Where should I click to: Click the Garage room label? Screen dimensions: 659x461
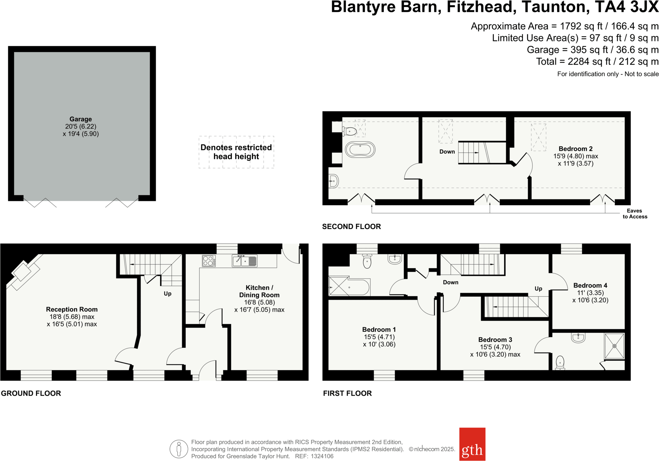click(80, 119)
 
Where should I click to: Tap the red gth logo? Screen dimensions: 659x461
click(472, 444)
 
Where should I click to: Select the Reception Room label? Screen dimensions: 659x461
click(72, 309)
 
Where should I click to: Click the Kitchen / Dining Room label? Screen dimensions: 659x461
click(259, 291)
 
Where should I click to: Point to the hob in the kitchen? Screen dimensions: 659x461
click(209, 261)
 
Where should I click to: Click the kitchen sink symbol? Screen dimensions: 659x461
click(245, 261)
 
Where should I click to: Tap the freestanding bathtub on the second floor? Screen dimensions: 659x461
click(360, 150)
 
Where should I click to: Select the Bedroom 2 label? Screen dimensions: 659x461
click(575, 149)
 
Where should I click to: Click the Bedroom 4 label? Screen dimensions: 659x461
click(590, 285)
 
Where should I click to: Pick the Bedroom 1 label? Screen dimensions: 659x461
click(379, 330)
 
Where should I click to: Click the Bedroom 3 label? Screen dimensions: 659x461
click(495, 340)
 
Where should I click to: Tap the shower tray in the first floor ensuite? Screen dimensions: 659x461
click(614, 346)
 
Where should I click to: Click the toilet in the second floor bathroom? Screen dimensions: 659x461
click(350, 131)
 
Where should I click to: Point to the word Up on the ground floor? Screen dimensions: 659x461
click(167, 294)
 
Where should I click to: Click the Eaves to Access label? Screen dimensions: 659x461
click(635, 214)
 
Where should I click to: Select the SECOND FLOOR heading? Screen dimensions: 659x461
click(351, 227)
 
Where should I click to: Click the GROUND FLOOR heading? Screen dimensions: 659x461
click(31, 393)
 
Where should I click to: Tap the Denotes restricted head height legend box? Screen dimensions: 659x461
click(236, 152)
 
